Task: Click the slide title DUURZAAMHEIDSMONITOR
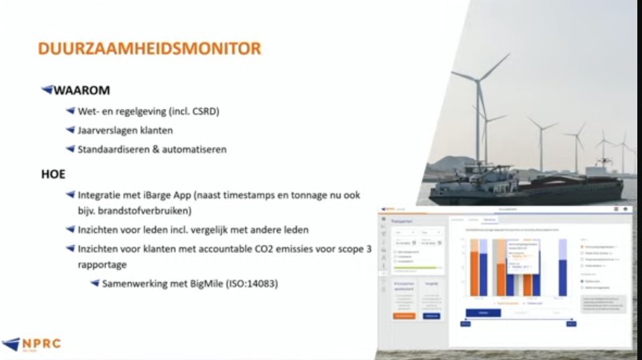(x=149, y=48)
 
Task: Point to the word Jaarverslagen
(x=108, y=130)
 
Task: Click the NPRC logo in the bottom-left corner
(x=31, y=343)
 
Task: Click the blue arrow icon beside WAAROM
(x=47, y=90)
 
